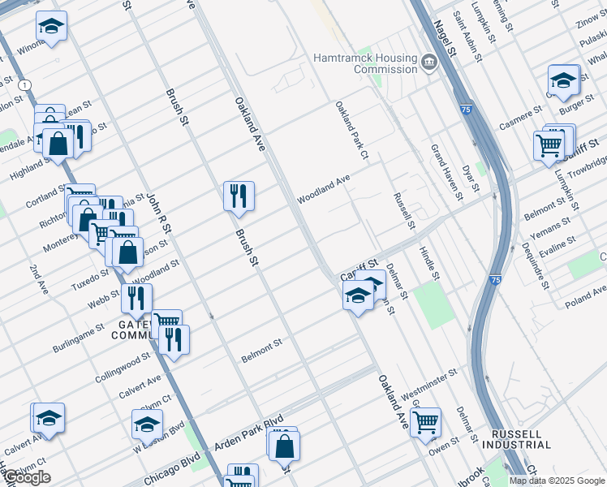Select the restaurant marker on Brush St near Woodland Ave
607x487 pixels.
239,196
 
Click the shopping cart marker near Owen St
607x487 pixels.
425,422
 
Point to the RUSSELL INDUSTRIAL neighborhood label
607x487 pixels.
516,439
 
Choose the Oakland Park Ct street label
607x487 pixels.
351,131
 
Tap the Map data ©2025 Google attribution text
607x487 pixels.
557,481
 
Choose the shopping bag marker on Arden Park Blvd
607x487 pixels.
284,446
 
